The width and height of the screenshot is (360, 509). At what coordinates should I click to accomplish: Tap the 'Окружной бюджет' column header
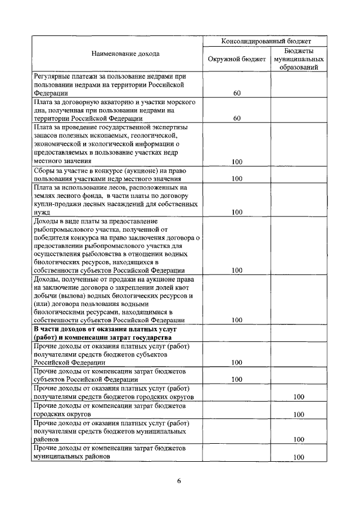[236, 58]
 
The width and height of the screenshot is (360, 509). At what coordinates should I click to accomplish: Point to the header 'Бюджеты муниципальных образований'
[298, 58]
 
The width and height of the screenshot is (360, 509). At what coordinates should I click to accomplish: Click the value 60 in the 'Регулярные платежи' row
[237, 93]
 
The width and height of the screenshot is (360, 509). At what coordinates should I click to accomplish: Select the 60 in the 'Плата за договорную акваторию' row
[237, 119]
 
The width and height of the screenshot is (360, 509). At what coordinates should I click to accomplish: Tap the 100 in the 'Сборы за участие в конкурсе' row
[237, 179]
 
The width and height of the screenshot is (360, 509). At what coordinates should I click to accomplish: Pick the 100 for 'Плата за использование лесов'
[237, 213]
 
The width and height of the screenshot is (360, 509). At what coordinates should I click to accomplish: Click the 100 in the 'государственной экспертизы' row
[237, 161]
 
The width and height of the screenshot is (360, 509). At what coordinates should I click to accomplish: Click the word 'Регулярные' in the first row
[52, 76]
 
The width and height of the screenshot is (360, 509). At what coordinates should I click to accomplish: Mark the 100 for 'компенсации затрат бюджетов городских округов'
[299, 415]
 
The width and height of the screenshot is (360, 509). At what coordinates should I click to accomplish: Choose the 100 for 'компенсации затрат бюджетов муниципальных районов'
[299, 457]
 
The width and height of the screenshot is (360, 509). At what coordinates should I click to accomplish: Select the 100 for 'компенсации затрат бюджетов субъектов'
[237, 380]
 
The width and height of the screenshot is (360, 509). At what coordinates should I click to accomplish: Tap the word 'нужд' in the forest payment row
[42, 213]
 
